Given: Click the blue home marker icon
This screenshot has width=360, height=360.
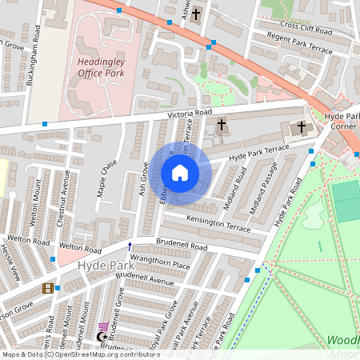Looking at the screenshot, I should pos(180,173).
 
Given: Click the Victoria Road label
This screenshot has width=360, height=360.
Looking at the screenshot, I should pos(190,114).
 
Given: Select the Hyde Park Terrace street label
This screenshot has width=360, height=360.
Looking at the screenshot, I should pos(258,154).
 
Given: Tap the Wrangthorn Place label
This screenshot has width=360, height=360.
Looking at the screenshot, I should pos(159,264).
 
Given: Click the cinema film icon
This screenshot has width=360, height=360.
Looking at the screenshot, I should pos(48,288).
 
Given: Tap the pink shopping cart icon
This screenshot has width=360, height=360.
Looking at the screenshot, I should pos(103,326).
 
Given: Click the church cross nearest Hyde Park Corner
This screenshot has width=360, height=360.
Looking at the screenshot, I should pos(302,126).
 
